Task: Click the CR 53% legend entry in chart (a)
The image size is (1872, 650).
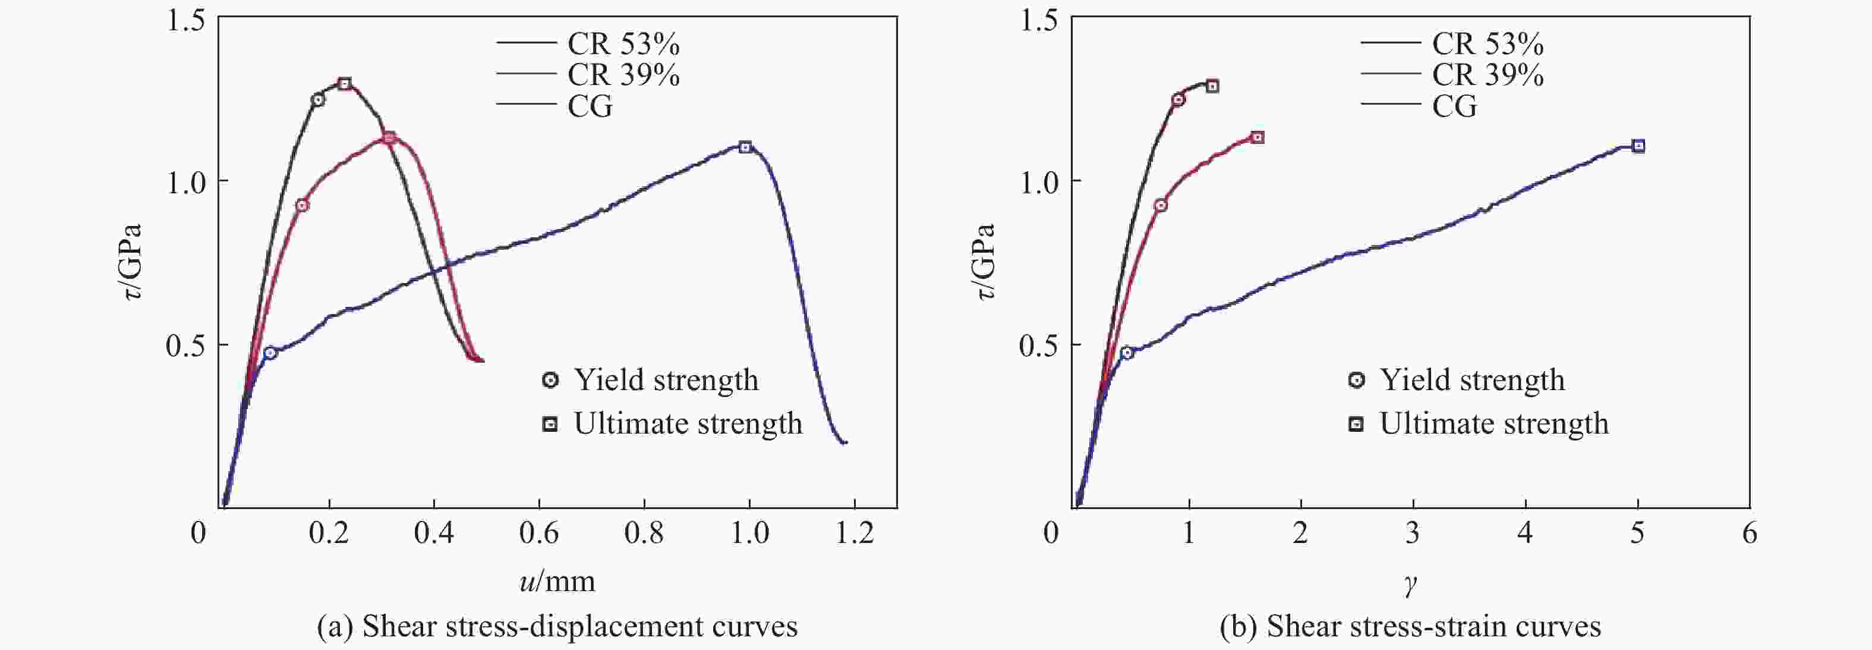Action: [623, 45]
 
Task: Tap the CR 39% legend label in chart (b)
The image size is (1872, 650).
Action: [1487, 76]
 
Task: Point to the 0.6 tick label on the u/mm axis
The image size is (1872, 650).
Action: [538, 533]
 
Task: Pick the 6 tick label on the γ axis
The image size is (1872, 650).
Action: [1749, 533]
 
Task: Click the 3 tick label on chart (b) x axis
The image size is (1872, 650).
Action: [1412, 533]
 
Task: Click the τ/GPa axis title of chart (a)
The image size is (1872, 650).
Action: [131, 262]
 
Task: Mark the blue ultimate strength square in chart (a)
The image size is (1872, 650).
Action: [745, 147]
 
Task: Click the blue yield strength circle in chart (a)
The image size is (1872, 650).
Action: [270, 353]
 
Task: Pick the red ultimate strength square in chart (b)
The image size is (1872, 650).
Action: [1257, 137]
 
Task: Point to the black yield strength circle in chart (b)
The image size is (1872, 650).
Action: [1178, 99]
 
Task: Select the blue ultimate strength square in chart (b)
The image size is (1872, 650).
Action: [1638, 146]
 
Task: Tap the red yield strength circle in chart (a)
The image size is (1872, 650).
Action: [301, 205]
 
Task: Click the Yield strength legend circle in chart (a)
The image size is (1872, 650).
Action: [551, 379]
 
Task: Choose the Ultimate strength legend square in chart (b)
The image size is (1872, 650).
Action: [1356, 424]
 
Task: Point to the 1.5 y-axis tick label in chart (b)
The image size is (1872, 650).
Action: [1038, 20]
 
